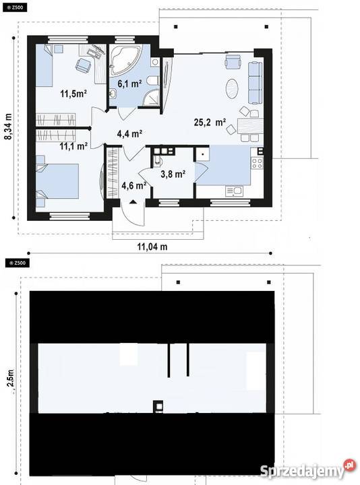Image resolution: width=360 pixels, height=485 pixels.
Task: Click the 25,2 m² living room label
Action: point(210,122)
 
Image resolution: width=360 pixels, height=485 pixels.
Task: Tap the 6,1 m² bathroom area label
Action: point(129,84)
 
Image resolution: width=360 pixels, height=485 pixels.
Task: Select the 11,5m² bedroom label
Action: point(73,93)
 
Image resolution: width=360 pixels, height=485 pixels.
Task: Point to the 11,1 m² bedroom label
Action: point(73,145)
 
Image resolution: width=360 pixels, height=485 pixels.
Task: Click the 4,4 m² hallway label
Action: point(129,133)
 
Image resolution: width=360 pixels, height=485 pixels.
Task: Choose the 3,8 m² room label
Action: point(173,174)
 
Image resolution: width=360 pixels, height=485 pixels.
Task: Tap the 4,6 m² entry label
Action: point(133,186)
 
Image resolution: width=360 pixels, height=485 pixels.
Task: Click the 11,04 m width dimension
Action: point(152,247)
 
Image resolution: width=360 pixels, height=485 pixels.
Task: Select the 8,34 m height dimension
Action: point(8,126)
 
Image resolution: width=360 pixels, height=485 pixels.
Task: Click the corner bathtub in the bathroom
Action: point(125,60)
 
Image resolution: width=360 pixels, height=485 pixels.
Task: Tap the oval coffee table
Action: point(232,89)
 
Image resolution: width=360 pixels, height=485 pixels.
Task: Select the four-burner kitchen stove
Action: point(257,163)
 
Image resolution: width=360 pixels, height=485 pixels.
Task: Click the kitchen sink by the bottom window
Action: point(234,191)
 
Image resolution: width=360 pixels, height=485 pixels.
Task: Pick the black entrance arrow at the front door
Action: point(133,201)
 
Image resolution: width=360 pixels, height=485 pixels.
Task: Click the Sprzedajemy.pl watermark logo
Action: point(307,470)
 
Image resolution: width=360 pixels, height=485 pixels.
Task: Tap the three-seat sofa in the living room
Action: point(256,83)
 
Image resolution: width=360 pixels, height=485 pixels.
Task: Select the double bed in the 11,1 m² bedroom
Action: point(57,181)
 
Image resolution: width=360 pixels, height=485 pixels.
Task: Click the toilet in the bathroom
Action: point(153,80)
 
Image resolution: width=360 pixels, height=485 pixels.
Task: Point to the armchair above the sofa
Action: point(233,61)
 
